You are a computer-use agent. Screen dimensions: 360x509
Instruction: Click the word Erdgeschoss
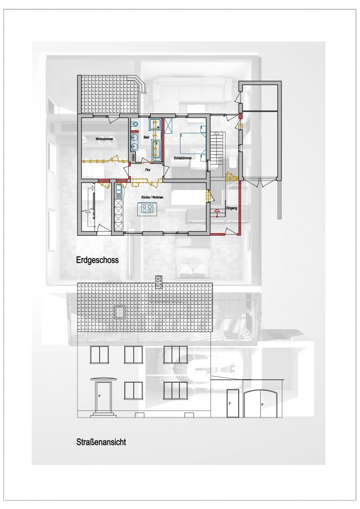tap(97, 260)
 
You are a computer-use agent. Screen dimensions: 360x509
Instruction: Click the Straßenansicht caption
tap(101, 442)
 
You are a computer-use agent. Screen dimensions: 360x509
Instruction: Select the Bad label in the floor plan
tap(146, 137)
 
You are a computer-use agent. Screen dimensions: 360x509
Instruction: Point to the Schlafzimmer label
tap(183, 158)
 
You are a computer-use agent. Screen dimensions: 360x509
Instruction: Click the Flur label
tap(147, 170)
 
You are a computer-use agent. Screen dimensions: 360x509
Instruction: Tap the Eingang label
tap(231, 208)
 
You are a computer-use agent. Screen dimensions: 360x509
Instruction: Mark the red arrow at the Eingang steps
tap(217, 213)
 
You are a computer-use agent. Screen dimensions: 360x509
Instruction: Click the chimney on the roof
tap(159, 282)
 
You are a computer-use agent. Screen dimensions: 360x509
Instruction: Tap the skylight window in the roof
tap(120, 312)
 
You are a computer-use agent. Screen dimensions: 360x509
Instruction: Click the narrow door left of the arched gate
tap(232, 403)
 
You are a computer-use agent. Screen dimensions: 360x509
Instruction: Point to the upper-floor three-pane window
tap(176, 354)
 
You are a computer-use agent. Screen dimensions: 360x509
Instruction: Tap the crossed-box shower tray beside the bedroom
tap(169, 125)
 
